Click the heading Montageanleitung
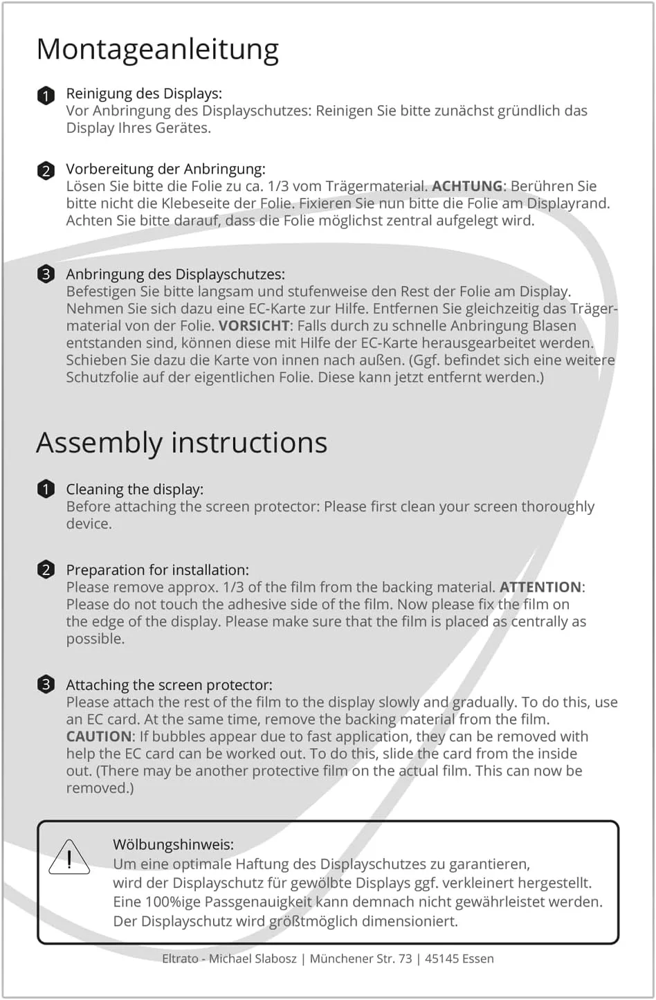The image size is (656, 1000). [157, 50]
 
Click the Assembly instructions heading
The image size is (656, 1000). [181, 443]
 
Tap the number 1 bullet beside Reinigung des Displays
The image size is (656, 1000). [46, 96]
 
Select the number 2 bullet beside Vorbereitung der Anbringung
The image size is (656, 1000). [46, 170]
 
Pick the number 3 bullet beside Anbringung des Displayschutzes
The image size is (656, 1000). [46, 274]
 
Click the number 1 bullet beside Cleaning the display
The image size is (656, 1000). [46, 489]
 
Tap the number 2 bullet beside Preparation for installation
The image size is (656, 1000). [46, 570]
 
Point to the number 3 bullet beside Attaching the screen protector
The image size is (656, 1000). [46, 684]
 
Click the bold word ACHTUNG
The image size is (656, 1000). [467, 186]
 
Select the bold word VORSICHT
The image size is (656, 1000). [254, 326]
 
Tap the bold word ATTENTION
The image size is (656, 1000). [540, 588]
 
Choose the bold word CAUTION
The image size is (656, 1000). [99, 736]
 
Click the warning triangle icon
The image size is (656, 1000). [69, 858]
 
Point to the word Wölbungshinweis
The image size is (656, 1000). [173, 844]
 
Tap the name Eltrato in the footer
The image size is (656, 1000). [180, 959]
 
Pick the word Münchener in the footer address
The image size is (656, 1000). [343, 959]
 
